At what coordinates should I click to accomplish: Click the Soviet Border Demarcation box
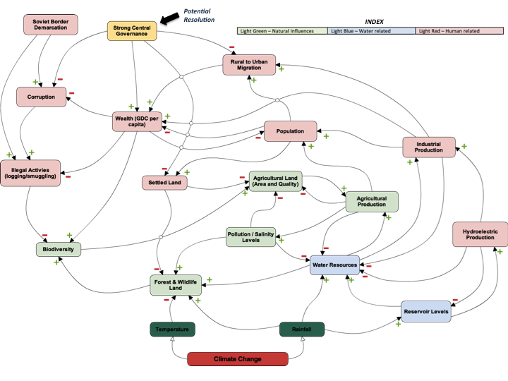(x=51, y=25)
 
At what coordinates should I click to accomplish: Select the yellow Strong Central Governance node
(x=132, y=31)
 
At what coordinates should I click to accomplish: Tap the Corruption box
(x=41, y=97)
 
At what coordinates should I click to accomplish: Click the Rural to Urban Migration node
(x=249, y=65)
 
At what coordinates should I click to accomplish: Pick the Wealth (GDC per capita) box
(x=137, y=121)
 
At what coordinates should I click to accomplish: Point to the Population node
(x=290, y=131)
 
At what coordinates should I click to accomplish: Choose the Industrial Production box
(x=429, y=147)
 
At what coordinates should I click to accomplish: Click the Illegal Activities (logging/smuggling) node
(x=30, y=173)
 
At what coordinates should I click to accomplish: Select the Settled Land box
(x=164, y=183)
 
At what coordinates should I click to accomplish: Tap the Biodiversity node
(x=59, y=250)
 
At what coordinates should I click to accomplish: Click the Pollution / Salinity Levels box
(x=250, y=237)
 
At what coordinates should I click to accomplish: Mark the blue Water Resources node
(x=334, y=265)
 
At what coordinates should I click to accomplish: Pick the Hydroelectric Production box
(x=480, y=234)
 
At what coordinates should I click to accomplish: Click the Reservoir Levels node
(x=426, y=312)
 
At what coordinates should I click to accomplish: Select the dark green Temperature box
(x=172, y=329)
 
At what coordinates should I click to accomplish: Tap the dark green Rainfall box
(x=302, y=329)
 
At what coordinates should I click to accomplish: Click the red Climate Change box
(x=238, y=359)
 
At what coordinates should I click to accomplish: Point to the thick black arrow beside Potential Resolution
(x=169, y=18)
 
